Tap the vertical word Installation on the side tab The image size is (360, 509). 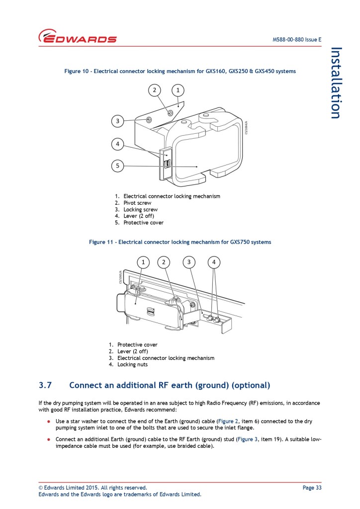coord(336,83)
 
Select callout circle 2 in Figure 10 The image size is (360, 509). coord(155,90)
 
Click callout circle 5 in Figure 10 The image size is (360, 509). coord(117,166)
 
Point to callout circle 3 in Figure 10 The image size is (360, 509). coord(117,120)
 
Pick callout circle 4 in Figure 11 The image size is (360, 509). coord(214,262)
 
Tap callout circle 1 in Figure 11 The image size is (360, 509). coord(143,262)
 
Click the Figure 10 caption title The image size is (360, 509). coord(180,71)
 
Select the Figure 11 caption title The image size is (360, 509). coord(180,242)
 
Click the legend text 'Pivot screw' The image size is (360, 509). coord(137,203)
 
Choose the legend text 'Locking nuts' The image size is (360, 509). coord(132,364)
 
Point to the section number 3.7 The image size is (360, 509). coord(45,385)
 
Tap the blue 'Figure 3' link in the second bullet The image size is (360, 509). coord(247,439)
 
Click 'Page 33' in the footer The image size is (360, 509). coord(312,488)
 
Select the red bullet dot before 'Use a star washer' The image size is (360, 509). coord(49,421)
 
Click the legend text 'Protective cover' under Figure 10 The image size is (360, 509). coord(143,222)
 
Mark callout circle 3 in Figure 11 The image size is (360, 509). coord(189,262)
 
